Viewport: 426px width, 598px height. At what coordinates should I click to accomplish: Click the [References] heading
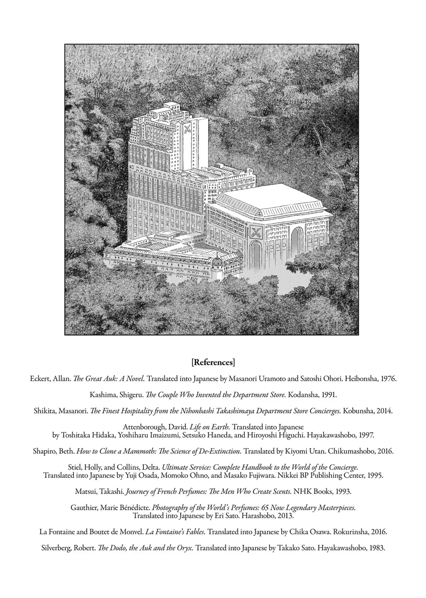213,363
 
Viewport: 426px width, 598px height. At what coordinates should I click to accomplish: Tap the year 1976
388,379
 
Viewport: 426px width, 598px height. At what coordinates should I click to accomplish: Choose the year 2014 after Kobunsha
384,411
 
